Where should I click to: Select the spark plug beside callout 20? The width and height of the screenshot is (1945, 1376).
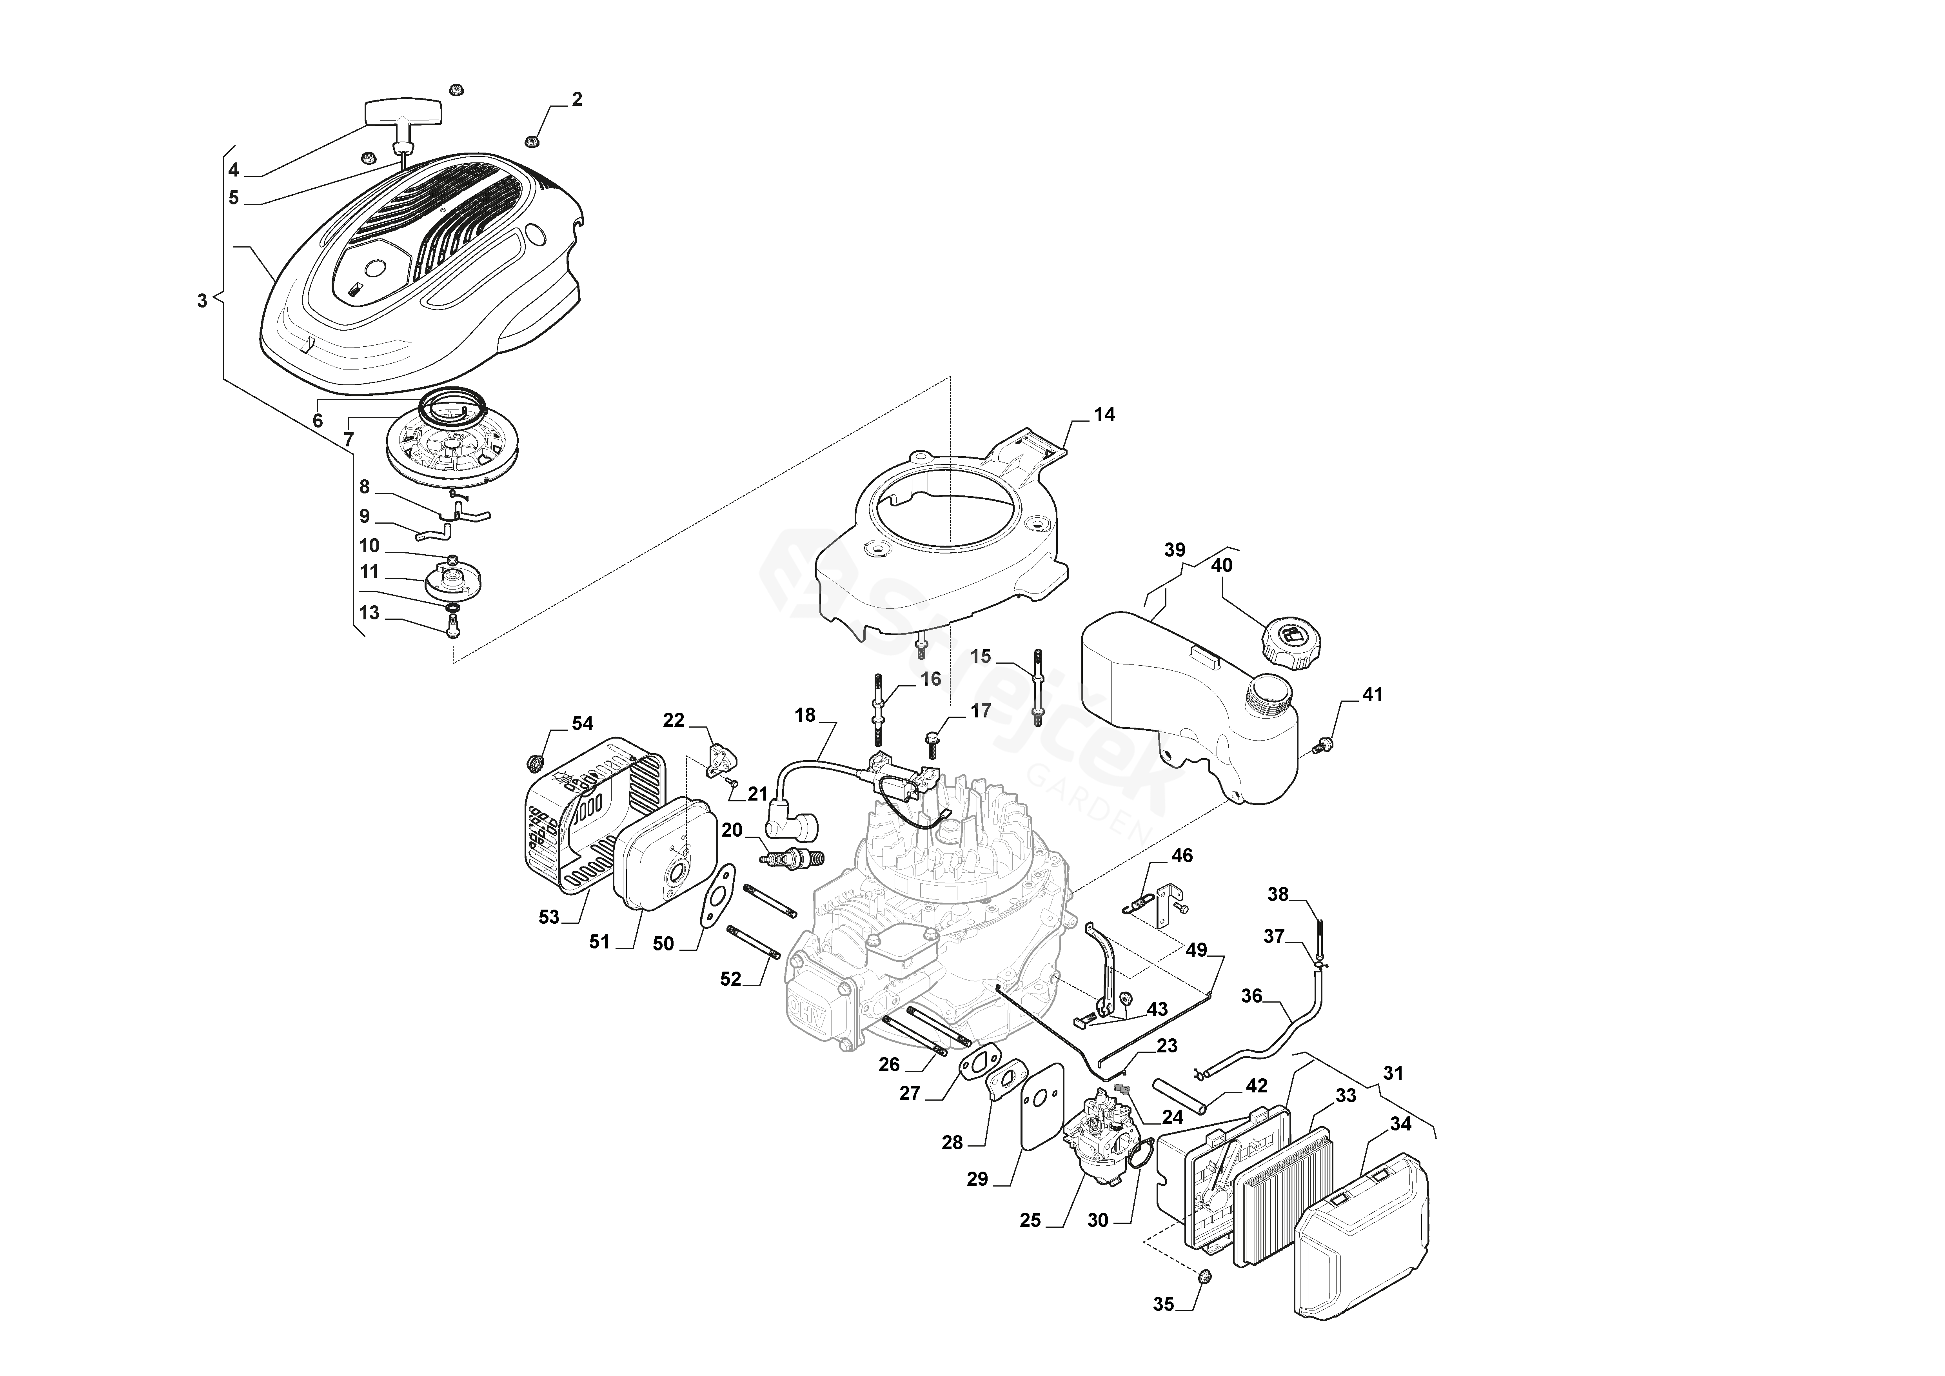[x=794, y=859]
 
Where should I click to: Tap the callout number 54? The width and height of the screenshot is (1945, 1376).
[x=582, y=723]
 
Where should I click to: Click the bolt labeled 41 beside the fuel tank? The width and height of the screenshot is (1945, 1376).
[x=1322, y=746]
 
